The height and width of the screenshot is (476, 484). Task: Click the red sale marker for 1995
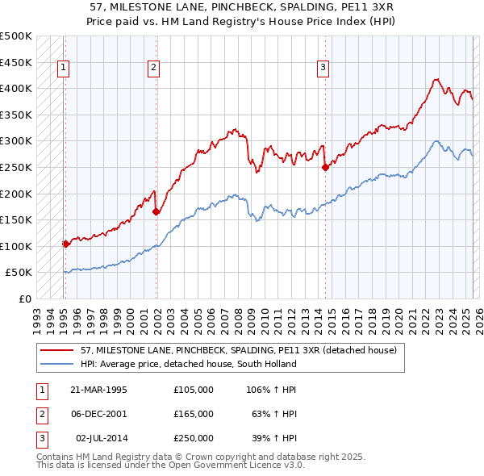[x=65, y=244]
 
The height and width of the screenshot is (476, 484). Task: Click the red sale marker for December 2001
[x=156, y=212]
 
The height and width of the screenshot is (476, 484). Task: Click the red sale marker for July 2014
[x=325, y=168]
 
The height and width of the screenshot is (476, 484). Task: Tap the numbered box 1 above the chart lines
[x=63, y=69]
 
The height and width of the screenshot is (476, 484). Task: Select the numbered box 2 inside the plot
[x=153, y=69]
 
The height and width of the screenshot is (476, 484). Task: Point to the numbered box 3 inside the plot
[x=323, y=69]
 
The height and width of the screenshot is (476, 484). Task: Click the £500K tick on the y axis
[x=16, y=36]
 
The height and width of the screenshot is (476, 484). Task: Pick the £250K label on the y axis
[x=16, y=167]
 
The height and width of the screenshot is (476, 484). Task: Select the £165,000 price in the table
[x=194, y=414]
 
